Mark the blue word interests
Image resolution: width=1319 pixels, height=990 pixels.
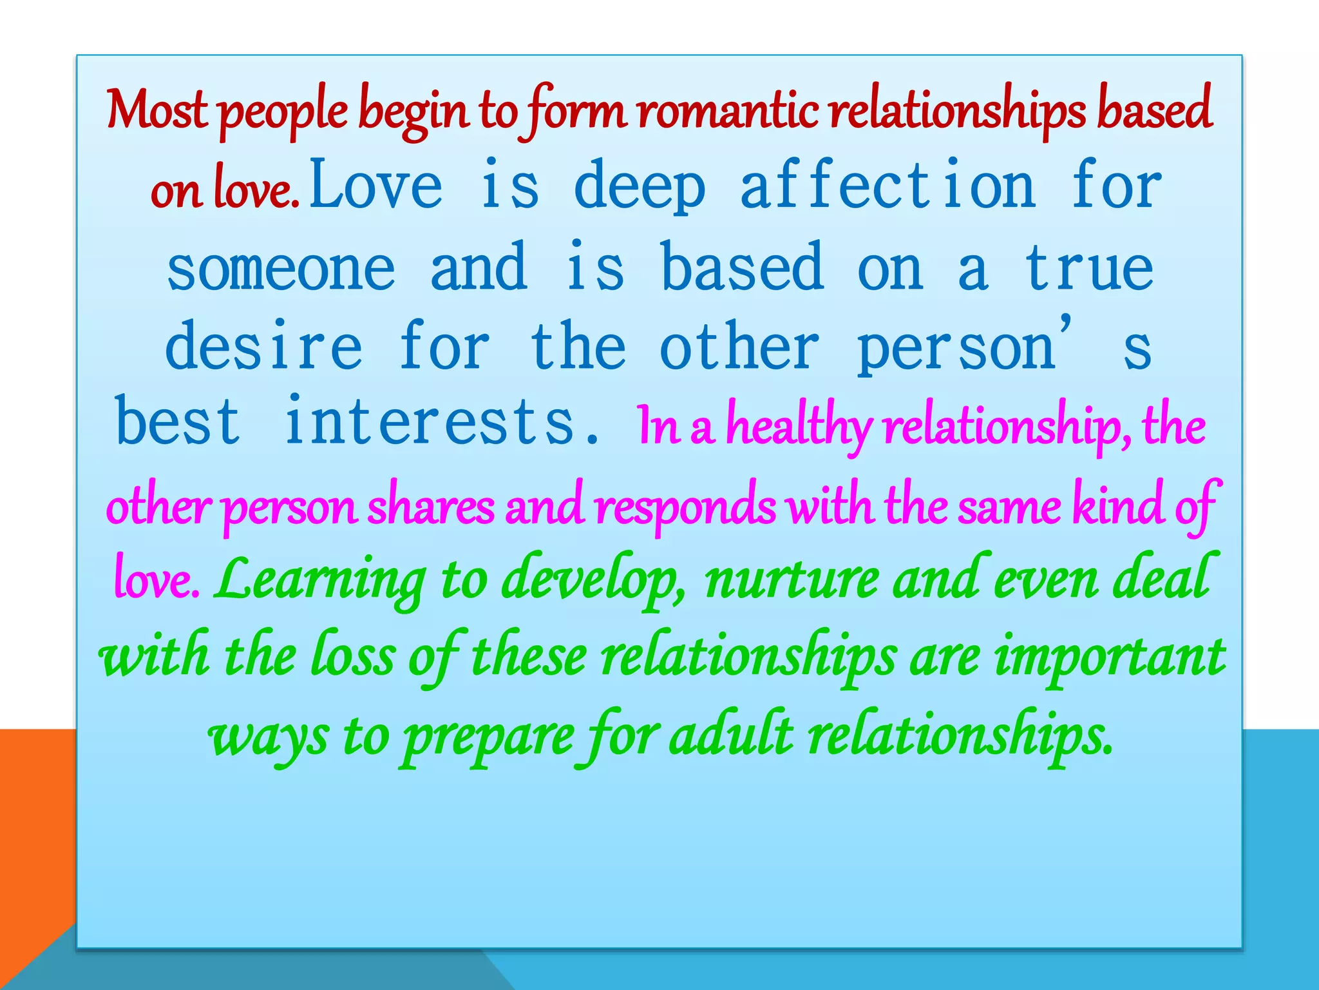(x=430, y=422)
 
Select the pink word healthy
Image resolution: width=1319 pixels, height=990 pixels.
(x=799, y=428)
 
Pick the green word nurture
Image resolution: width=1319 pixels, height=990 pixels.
(x=792, y=580)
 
